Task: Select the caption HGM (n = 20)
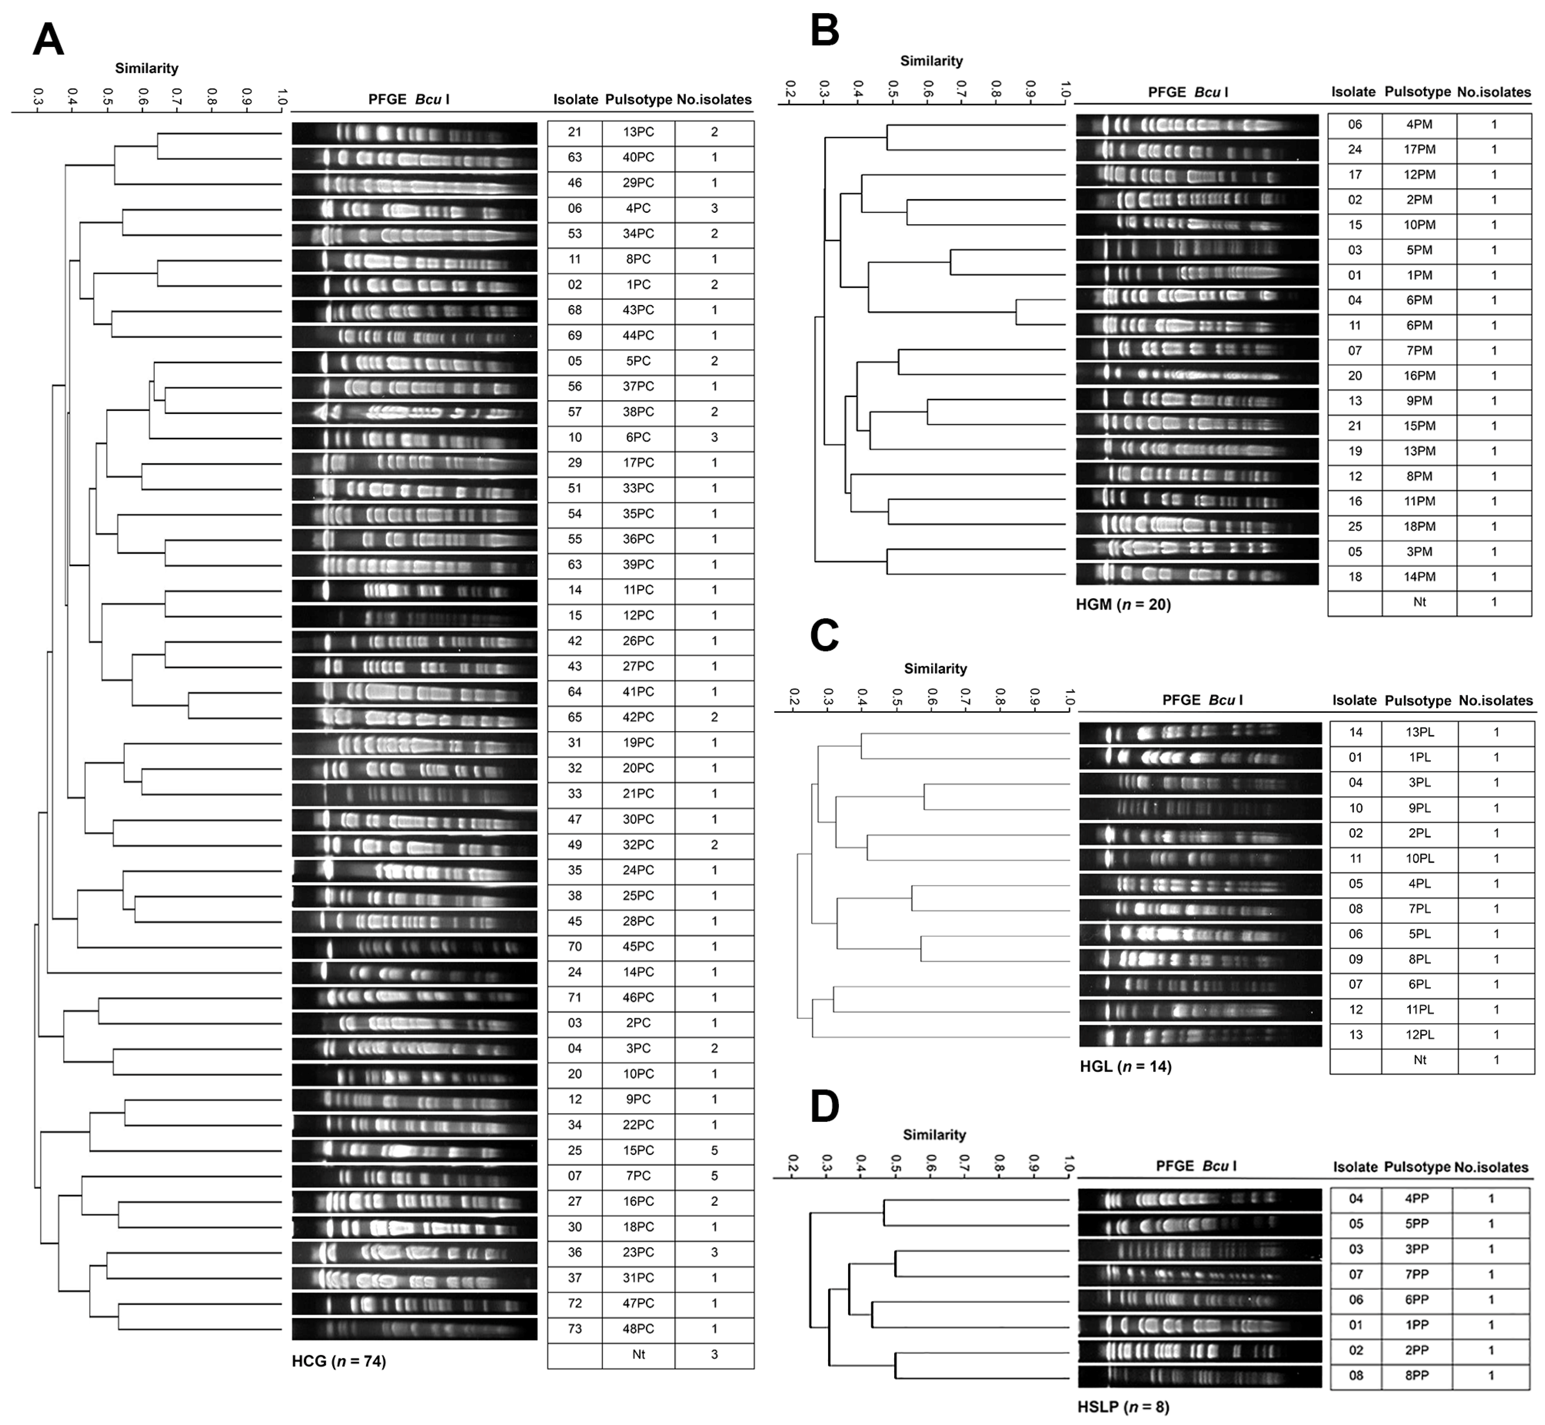tap(1123, 605)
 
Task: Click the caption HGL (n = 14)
tap(1125, 1066)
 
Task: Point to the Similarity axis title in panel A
tap(146, 68)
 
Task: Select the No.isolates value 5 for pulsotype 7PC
tap(714, 1176)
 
